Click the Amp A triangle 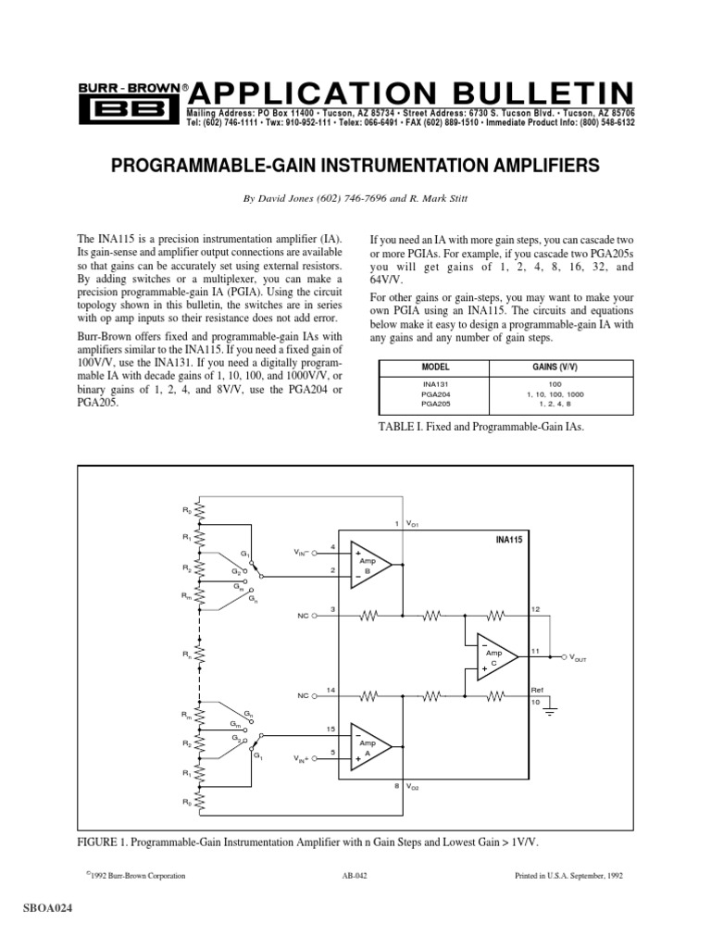369,748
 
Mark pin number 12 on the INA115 535,607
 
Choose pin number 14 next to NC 331,689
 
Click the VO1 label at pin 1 413,525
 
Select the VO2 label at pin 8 413,787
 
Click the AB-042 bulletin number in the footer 355,876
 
